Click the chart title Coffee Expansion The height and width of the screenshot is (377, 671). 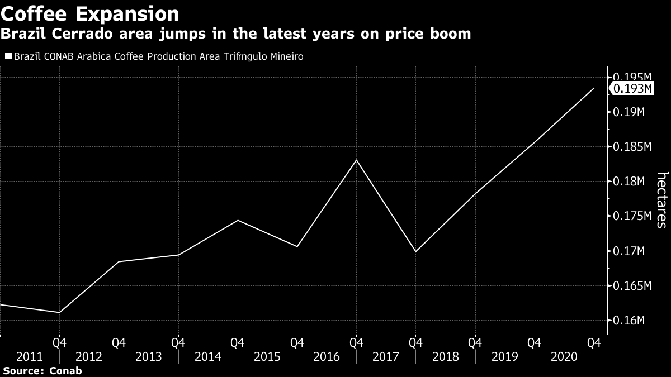pyautogui.click(x=90, y=13)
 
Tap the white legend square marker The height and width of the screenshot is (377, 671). pyautogui.click(x=8, y=56)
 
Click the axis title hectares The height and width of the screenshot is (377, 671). pyautogui.click(x=661, y=200)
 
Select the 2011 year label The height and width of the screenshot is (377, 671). pyautogui.click(x=29, y=356)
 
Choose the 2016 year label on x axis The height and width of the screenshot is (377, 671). pyautogui.click(x=327, y=356)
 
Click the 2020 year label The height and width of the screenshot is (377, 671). pyautogui.click(x=565, y=356)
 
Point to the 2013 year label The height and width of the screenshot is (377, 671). pyautogui.click(x=148, y=356)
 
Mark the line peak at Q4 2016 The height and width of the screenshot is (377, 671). pyautogui.click(x=356, y=160)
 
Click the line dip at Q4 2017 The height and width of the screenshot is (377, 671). pyautogui.click(x=415, y=251)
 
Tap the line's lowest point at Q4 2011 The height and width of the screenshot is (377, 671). pyautogui.click(x=59, y=312)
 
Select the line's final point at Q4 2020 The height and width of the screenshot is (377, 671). pyautogui.click(x=594, y=88)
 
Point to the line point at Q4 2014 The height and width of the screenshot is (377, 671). pyautogui.click(x=238, y=220)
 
